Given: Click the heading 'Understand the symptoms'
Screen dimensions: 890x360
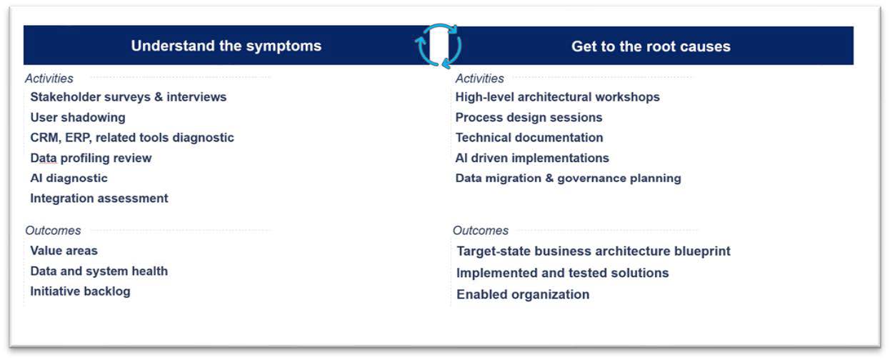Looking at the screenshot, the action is tap(226, 46).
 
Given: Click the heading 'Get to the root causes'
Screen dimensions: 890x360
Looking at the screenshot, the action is tap(651, 46).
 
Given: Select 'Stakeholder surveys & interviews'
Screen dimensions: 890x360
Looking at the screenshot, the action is tap(129, 97).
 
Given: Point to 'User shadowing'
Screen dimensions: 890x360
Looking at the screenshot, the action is tap(78, 118).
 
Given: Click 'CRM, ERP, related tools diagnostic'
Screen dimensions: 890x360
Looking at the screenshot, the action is tap(132, 137).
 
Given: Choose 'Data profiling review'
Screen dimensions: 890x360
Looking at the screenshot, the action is tap(91, 158).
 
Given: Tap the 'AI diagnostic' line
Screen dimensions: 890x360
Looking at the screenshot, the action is tap(69, 178).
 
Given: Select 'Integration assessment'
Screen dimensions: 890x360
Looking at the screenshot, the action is tap(99, 199).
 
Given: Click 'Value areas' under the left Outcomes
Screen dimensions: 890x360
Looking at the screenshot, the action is tap(64, 251).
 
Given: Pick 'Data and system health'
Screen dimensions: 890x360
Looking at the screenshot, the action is tap(99, 271).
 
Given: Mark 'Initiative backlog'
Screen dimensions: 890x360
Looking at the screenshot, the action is tap(80, 291).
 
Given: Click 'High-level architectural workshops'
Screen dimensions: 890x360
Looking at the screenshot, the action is tap(557, 97).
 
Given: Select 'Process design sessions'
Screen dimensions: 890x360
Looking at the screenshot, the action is tap(529, 118).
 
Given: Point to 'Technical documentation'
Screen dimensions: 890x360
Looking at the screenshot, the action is tap(529, 137).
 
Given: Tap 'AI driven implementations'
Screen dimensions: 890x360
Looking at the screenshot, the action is tap(532, 158).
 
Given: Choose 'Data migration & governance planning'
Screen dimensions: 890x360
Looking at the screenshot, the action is tap(568, 178).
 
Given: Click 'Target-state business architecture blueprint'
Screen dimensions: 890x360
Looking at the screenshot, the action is tap(594, 251).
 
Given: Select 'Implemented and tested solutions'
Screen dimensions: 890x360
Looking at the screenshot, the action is tap(563, 273).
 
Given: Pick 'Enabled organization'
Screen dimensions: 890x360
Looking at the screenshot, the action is tap(523, 294).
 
